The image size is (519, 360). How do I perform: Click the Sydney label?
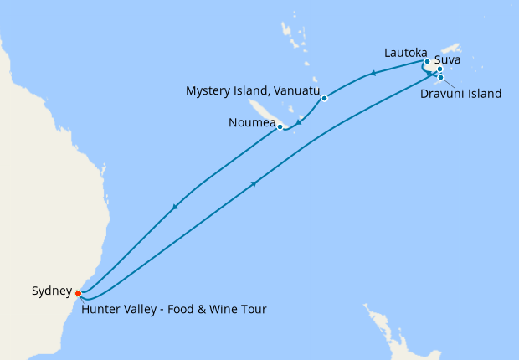pos(52,291)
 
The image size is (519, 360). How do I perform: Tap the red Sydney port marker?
pos(78,293)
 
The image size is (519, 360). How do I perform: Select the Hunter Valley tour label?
pos(173,310)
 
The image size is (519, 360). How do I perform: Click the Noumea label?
pos(252,123)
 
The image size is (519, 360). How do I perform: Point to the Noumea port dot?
pos(280,127)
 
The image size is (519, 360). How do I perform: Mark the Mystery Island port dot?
pos(324,99)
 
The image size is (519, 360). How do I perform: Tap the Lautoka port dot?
pos(427,61)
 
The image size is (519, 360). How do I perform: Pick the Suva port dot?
pos(440,69)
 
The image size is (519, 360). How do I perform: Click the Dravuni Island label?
pos(462,94)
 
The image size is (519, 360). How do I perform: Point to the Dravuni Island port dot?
pos(440,78)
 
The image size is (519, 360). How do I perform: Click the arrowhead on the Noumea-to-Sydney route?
pos(175,207)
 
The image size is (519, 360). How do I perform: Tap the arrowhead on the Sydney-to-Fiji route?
pos(253,184)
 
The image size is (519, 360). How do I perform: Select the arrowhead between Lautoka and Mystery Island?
pos(372,74)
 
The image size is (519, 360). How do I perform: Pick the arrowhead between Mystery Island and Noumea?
pos(300,122)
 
